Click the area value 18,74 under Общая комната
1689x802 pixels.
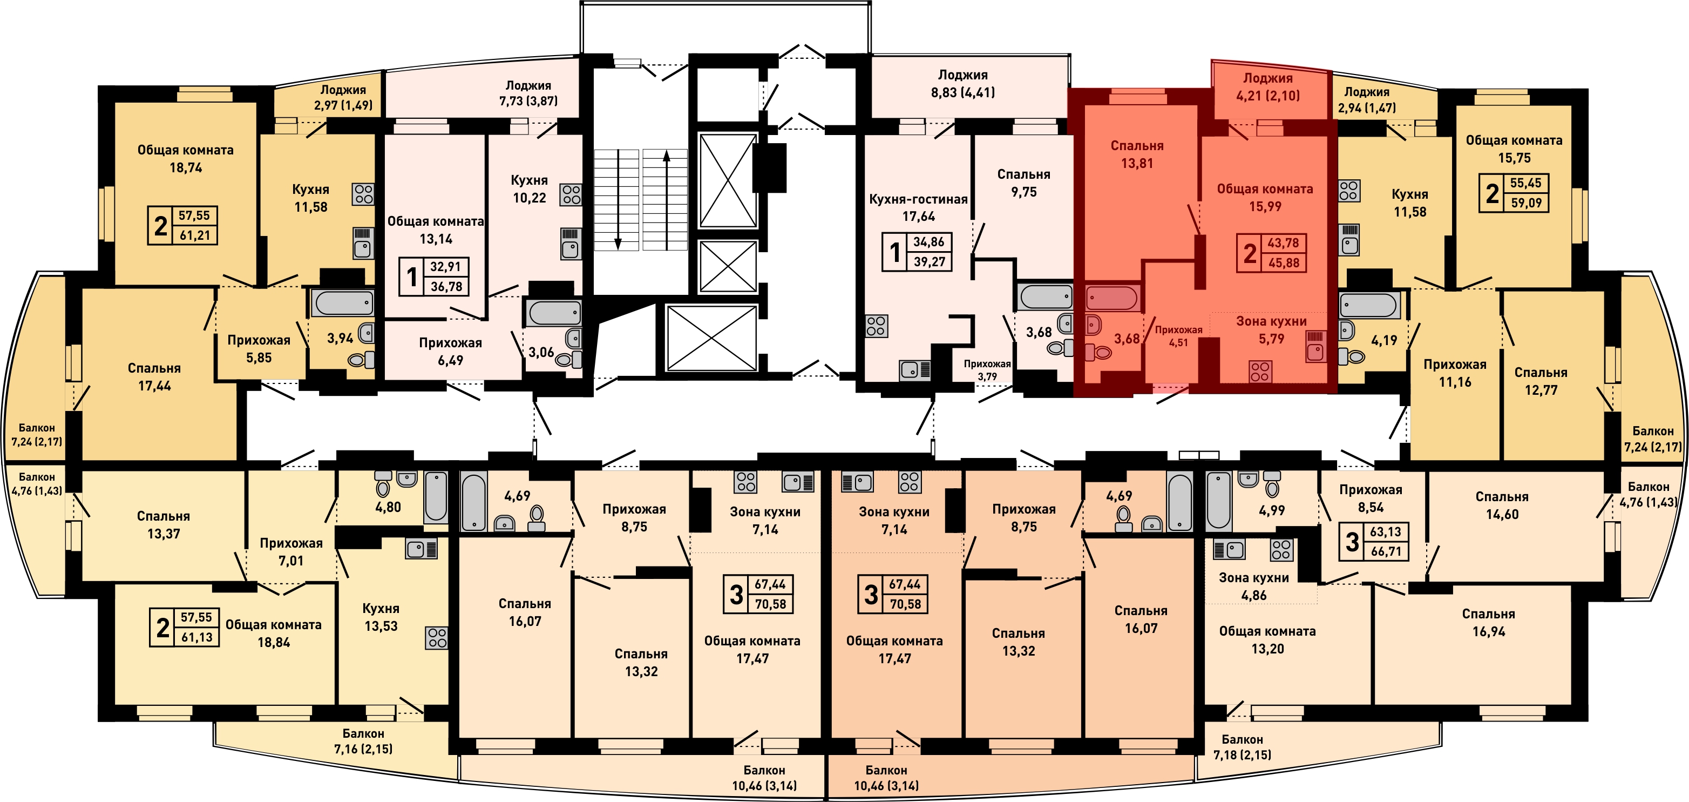click(186, 167)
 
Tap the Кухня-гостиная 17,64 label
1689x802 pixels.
click(918, 207)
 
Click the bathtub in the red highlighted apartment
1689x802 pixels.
click(1112, 298)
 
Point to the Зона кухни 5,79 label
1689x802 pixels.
click(1271, 330)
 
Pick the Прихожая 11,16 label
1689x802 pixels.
click(1455, 373)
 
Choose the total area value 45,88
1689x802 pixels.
click(1283, 263)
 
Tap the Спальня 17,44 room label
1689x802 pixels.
click(154, 377)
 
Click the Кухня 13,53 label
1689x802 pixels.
click(381, 617)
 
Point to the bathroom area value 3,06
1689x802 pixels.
click(541, 352)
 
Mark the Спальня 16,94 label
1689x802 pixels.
click(1488, 623)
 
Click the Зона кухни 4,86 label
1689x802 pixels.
click(1253, 587)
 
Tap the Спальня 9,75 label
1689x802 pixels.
click(1023, 183)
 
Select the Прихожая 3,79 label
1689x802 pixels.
click(987, 370)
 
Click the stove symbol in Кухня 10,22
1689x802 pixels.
click(571, 195)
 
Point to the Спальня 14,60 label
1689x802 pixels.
click(1502, 506)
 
